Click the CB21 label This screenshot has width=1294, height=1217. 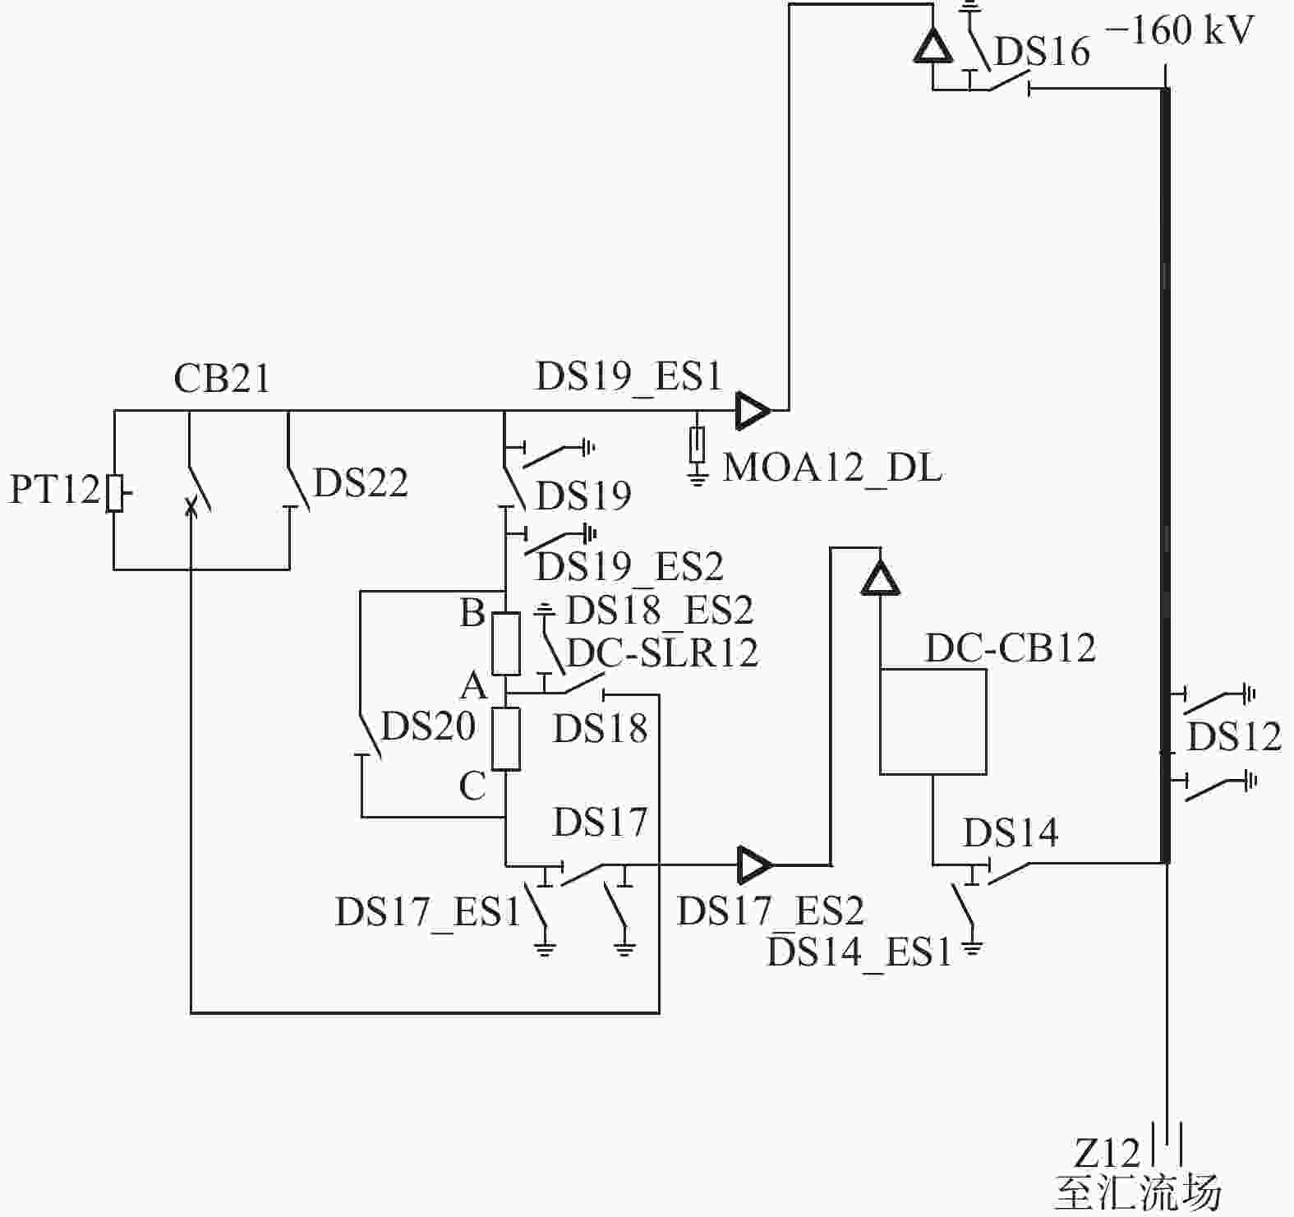(x=222, y=379)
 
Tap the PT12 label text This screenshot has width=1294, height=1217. (x=54, y=490)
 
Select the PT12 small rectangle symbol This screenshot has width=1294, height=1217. (x=115, y=493)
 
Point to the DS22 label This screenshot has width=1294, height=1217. (x=361, y=483)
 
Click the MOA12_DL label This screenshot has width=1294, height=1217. (x=832, y=468)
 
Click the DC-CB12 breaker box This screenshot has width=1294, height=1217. (x=933, y=721)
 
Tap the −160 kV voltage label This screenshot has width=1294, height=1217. (x=1180, y=31)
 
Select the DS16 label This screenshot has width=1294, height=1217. (x=1042, y=52)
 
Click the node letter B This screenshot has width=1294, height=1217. (x=472, y=613)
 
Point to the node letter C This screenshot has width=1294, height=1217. (x=472, y=786)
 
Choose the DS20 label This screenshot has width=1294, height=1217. (x=429, y=726)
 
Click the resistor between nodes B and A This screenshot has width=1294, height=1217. (x=506, y=643)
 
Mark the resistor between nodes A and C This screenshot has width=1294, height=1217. (x=506, y=739)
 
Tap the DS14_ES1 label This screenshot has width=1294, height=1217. (x=859, y=952)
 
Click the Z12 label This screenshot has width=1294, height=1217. (x=1107, y=1154)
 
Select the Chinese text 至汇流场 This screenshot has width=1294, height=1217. (x=1139, y=1193)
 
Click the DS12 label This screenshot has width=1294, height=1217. (x=1235, y=737)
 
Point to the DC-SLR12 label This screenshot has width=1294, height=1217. (x=662, y=653)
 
